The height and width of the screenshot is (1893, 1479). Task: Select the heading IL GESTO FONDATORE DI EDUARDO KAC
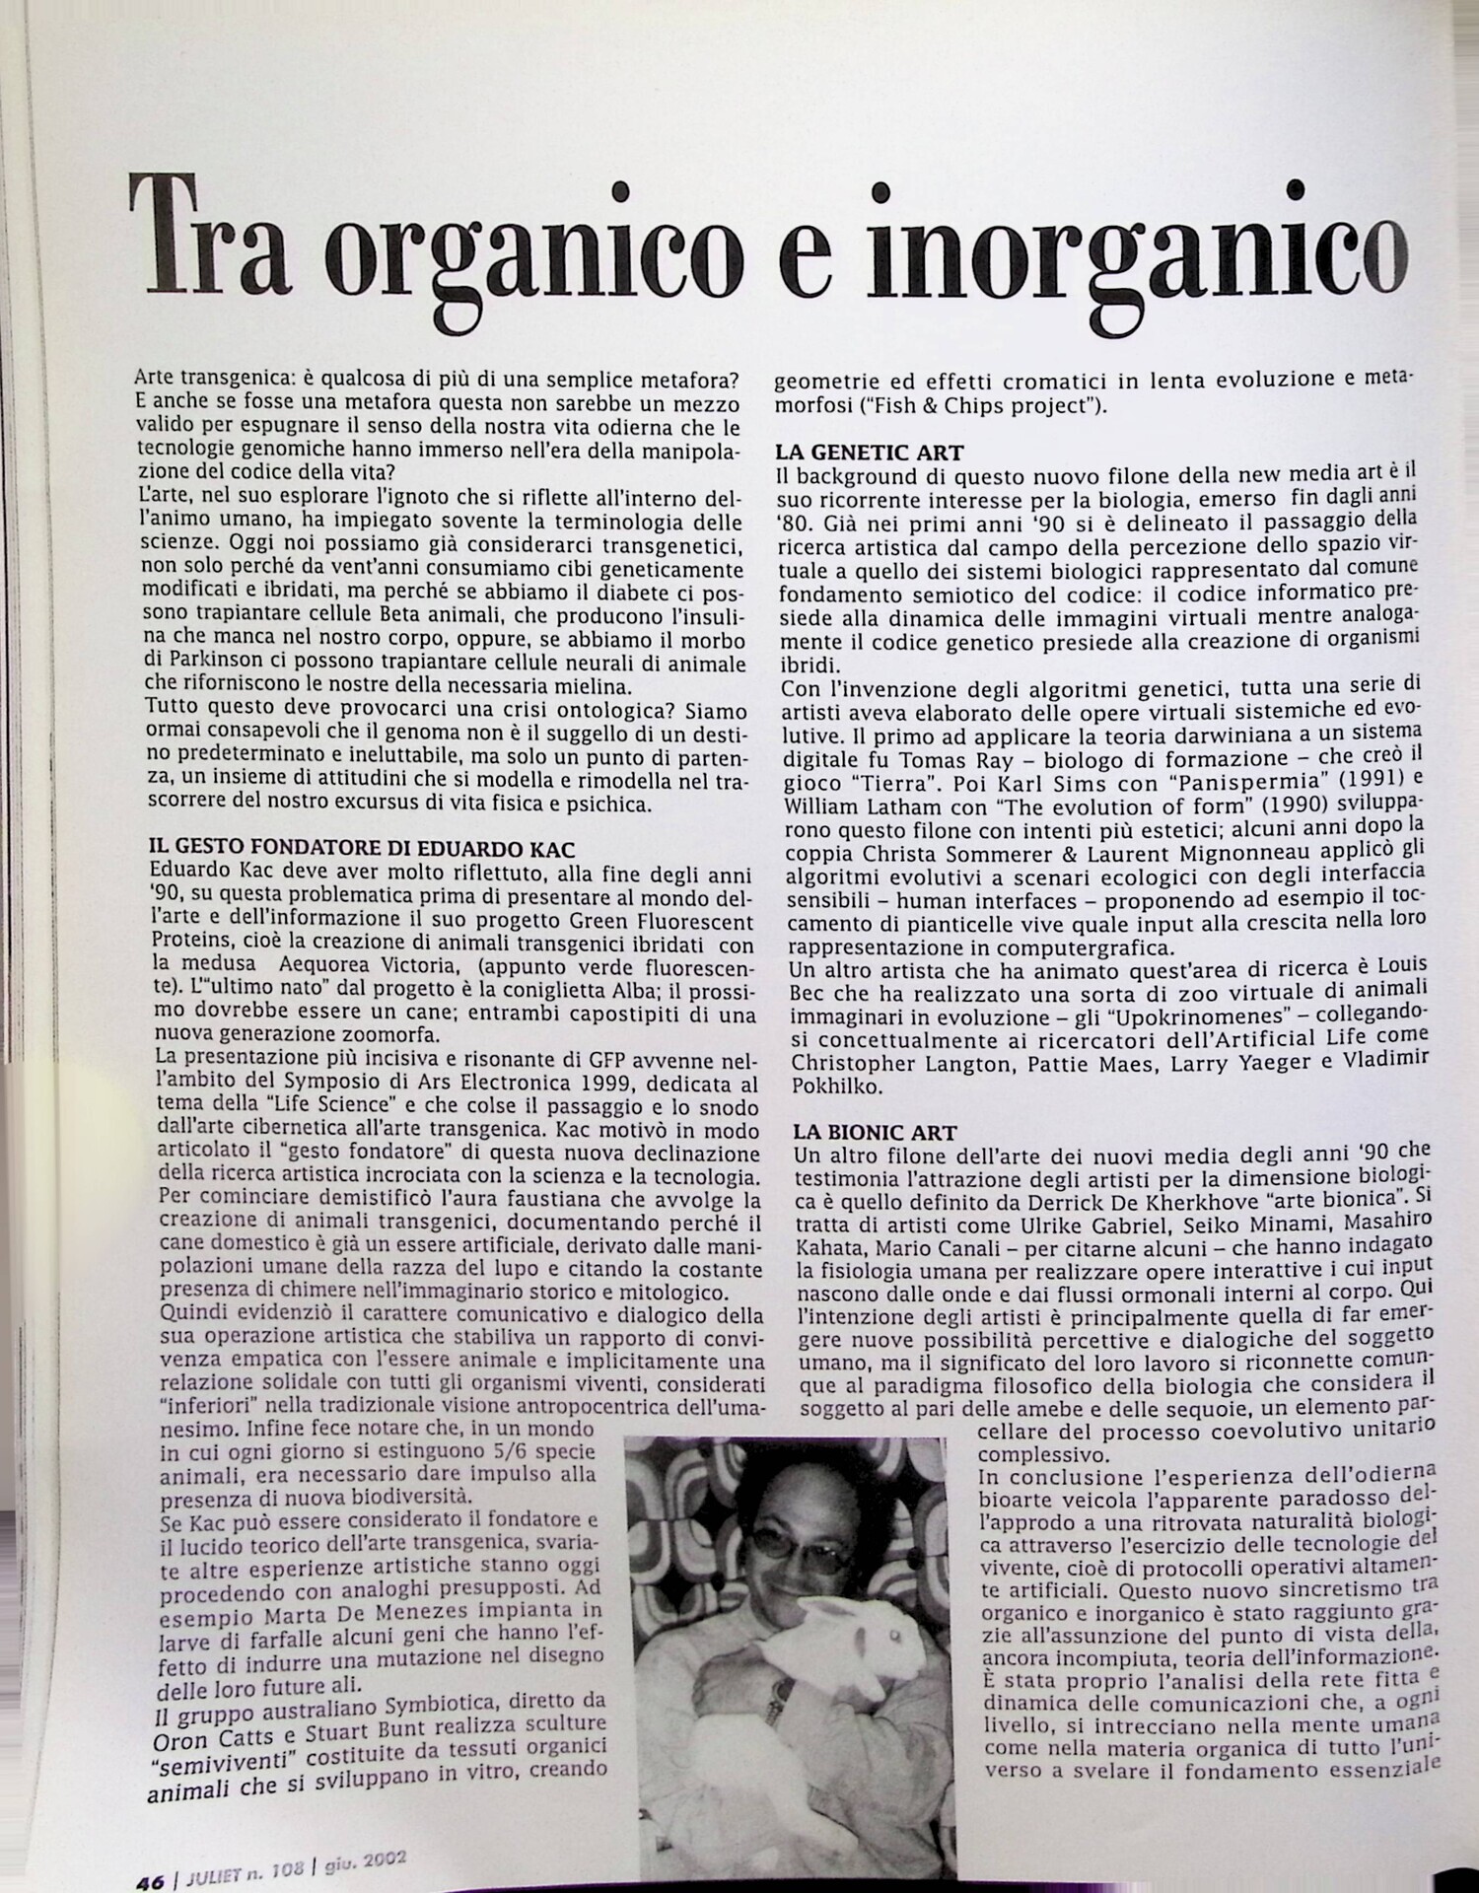[361, 848]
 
